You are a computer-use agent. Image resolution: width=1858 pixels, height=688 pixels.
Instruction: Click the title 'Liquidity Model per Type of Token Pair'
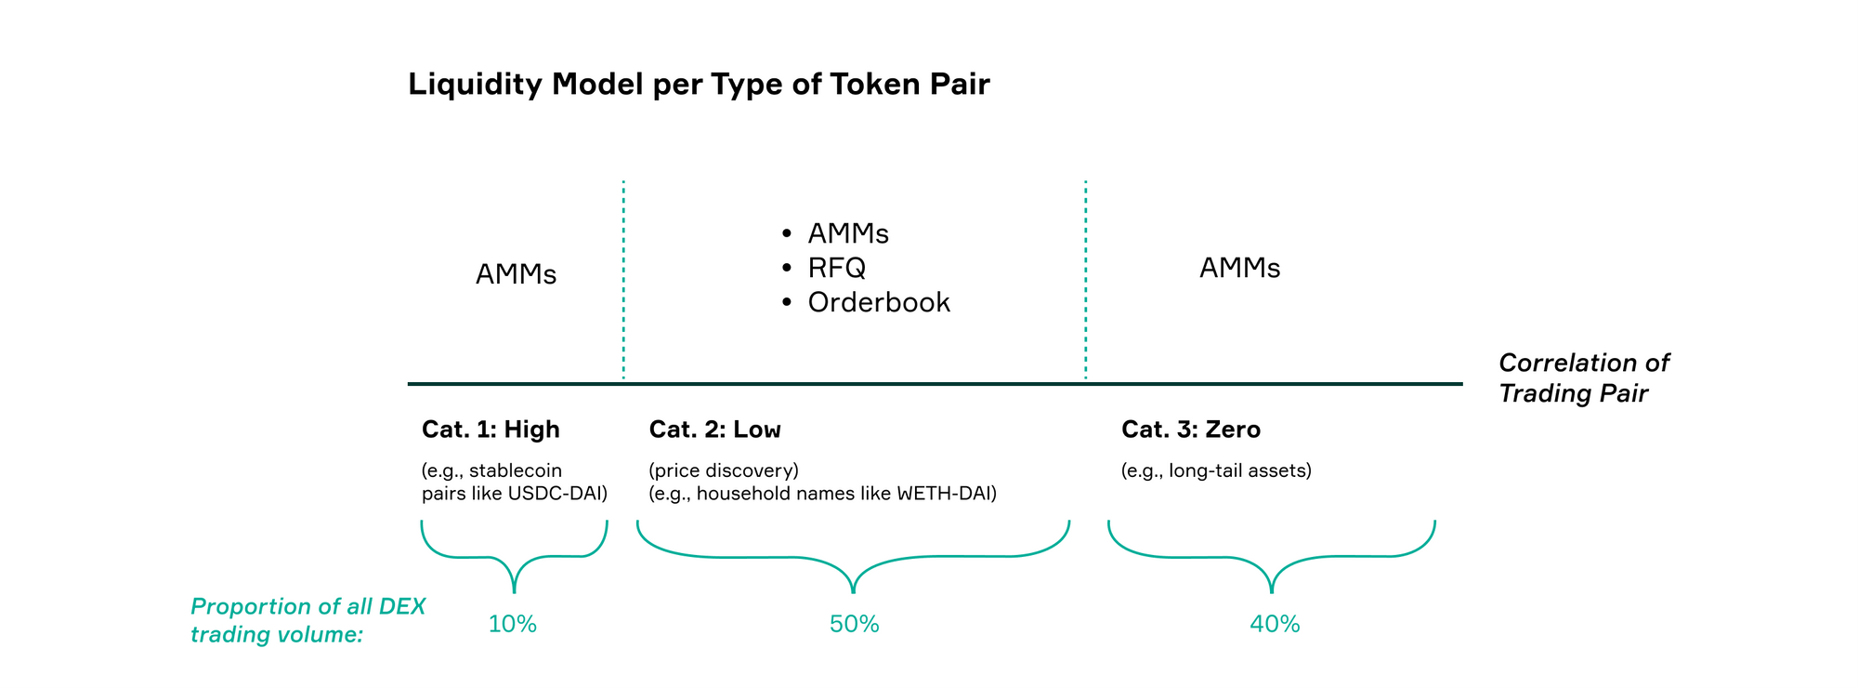[699, 85]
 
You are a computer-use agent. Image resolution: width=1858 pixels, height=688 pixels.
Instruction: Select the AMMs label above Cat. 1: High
[516, 274]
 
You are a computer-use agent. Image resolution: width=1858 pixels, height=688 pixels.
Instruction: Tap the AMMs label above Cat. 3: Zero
[1239, 268]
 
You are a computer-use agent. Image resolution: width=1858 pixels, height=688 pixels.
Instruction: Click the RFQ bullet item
[836, 268]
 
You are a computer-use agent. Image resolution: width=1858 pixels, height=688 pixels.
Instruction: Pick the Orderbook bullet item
[878, 302]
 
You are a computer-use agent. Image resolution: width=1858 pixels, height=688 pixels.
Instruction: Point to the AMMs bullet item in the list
[847, 233]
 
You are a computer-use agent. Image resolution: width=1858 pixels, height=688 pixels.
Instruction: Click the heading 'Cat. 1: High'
[491, 430]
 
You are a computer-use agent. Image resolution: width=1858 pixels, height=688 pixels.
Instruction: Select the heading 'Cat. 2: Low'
[714, 430]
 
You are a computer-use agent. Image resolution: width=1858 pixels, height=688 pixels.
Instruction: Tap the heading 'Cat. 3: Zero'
[1190, 430]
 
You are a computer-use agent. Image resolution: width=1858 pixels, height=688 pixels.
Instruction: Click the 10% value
[513, 624]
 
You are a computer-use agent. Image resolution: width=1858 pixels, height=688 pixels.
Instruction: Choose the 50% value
[854, 624]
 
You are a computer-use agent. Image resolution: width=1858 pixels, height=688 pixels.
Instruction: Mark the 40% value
[1274, 624]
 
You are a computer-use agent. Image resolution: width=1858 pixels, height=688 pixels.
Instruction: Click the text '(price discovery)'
[724, 470]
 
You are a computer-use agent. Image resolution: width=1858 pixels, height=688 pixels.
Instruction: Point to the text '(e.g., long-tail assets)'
[1216, 470]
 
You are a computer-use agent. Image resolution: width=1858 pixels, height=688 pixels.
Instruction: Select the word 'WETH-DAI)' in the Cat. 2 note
[946, 494]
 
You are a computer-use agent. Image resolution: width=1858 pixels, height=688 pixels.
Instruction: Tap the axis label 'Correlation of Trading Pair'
[1583, 377]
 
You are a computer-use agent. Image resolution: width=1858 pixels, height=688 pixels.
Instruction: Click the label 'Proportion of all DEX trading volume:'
[307, 620]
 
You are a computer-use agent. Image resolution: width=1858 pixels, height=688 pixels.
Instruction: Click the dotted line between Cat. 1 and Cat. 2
[623, 279]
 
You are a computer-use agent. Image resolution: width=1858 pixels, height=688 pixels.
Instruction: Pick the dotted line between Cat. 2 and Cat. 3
[1085, 279]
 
